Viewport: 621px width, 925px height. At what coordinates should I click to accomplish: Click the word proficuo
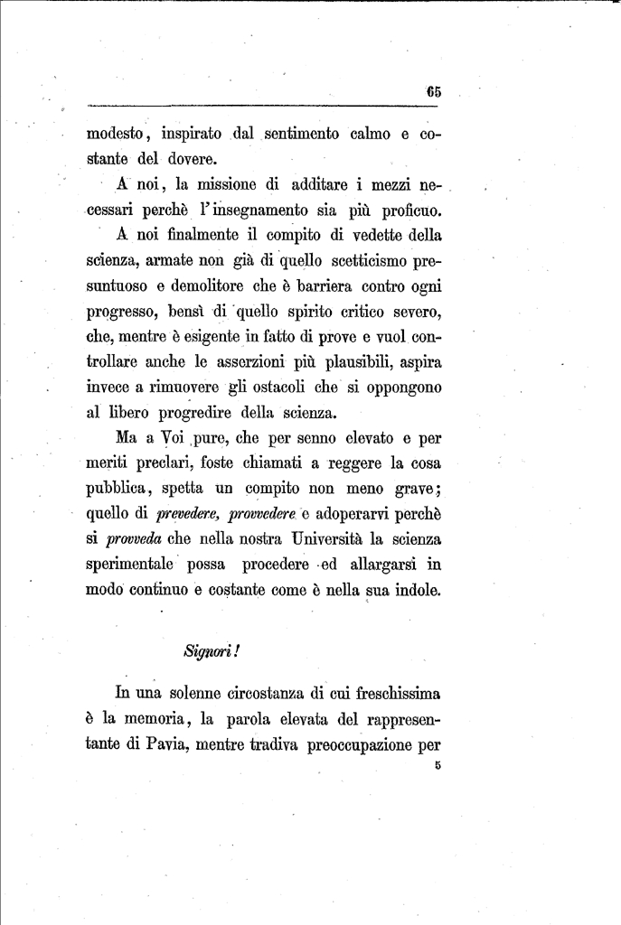pyautogui.click(x=407, y=211)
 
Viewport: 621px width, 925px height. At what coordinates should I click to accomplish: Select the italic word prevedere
pyautogui.click(x=188, y=515)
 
